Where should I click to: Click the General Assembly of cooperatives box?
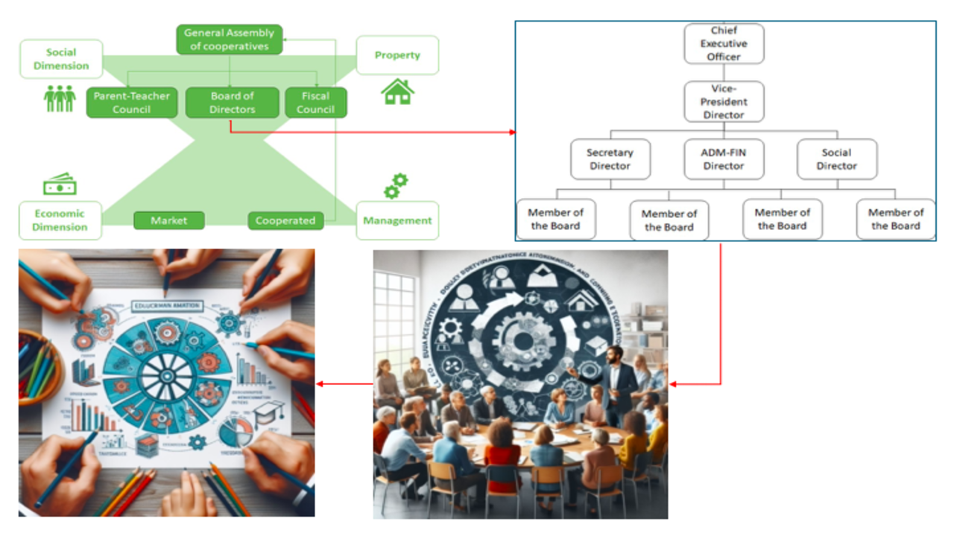(x=229, y=39)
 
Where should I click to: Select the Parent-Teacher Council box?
(x=132, y=103)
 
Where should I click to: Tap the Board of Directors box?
(x=232, y=103)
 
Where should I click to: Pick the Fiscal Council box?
(x=315, y=103)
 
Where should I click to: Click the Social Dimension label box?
(x=61, y=59)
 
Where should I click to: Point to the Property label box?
(x=397, y=55)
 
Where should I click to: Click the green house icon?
(x=397, y=92)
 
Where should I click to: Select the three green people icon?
(x=60, y=98)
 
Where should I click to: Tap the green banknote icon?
(x=60, y=185)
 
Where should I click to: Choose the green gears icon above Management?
(x=396, y=186)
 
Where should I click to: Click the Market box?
(x=169, y=220)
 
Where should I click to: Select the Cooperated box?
(x=285, y=220)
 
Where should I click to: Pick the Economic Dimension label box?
(x=60, y=220)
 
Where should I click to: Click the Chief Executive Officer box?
(x=724, y=43)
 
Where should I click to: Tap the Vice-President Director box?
(x=724, y=101)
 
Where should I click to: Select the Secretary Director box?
(x=610, y=159)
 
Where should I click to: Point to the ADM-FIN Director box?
(x=724, y=159)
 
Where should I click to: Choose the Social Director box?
(x=836, y=159)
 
